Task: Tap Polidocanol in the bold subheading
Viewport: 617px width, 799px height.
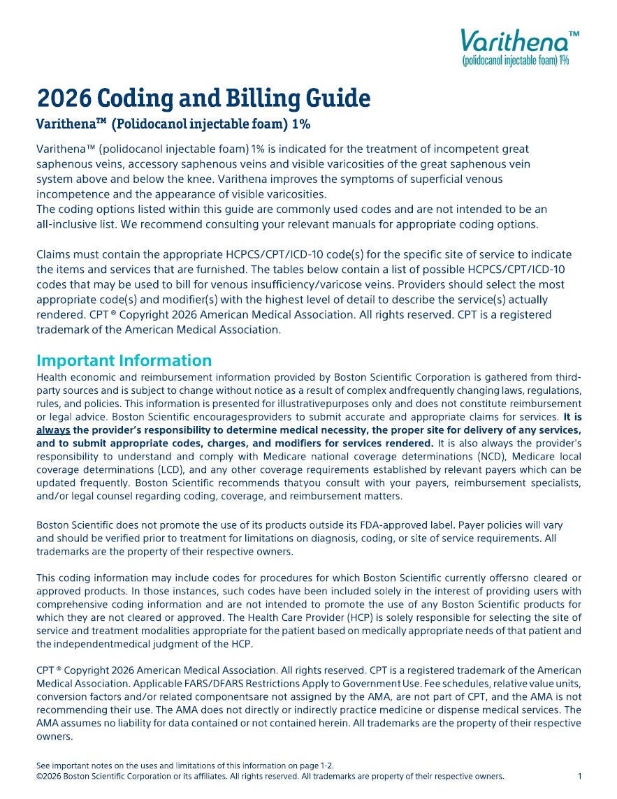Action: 151,125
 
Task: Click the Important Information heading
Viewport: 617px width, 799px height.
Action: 124,360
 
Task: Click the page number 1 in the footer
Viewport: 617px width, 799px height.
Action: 580,776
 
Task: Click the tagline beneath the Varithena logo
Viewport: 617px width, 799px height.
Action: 516,61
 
